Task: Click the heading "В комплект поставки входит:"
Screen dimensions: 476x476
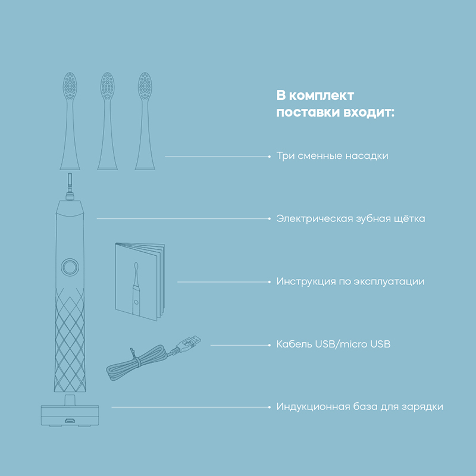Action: [x=335, y=104]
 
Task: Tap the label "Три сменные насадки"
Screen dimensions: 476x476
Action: [x=332, y=156]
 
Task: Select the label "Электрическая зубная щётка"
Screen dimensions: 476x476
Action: [x=350, y=218]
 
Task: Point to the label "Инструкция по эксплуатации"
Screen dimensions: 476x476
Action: [x=350, y=281]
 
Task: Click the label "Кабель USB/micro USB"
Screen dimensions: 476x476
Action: [x=333, y=345]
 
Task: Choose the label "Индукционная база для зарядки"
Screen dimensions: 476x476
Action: [x=360, y=407]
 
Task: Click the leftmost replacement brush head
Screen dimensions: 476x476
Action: [x=70, y=121]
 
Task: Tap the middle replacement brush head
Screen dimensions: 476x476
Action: [x=107, y=121]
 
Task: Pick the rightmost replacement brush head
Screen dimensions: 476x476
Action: [x=145, y=121]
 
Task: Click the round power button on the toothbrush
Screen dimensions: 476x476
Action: [x=70, y=267]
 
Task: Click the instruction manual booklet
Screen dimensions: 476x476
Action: [x=140, y=281]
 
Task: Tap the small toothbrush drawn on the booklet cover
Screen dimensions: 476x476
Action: [x=136, y=288]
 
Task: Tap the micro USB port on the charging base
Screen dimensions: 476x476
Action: [x=70, y=421]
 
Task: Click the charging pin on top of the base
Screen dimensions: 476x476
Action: [x=70, y=400]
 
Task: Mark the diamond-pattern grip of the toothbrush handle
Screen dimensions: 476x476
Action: [x=70, y=339]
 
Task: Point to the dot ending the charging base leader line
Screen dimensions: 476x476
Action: [x=270, y=407]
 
